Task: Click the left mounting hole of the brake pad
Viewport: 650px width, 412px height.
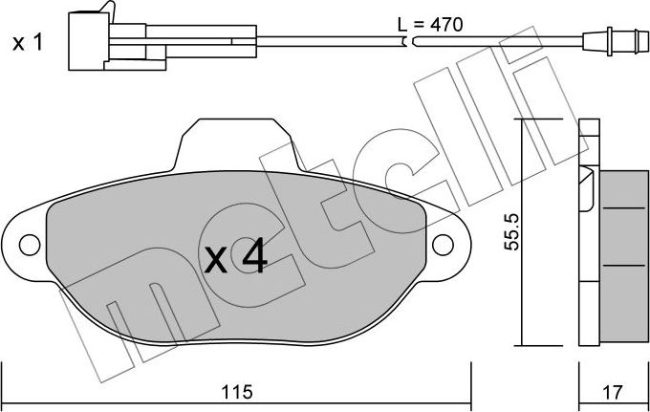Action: (x=30, y=245)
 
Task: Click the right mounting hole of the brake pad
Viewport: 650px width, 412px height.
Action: (x=443, y=245)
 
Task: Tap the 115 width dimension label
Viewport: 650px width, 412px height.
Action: (x=237, y=391)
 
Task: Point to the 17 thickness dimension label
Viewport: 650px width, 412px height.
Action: (x=612, y=392)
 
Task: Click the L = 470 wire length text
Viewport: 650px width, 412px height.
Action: (x=430, y=25)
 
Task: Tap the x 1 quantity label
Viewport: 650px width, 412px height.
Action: (x=28, y=43)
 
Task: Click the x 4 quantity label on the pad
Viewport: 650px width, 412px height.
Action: (x=236, y=259)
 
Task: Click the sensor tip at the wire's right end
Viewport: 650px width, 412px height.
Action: (x=616, y=41)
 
